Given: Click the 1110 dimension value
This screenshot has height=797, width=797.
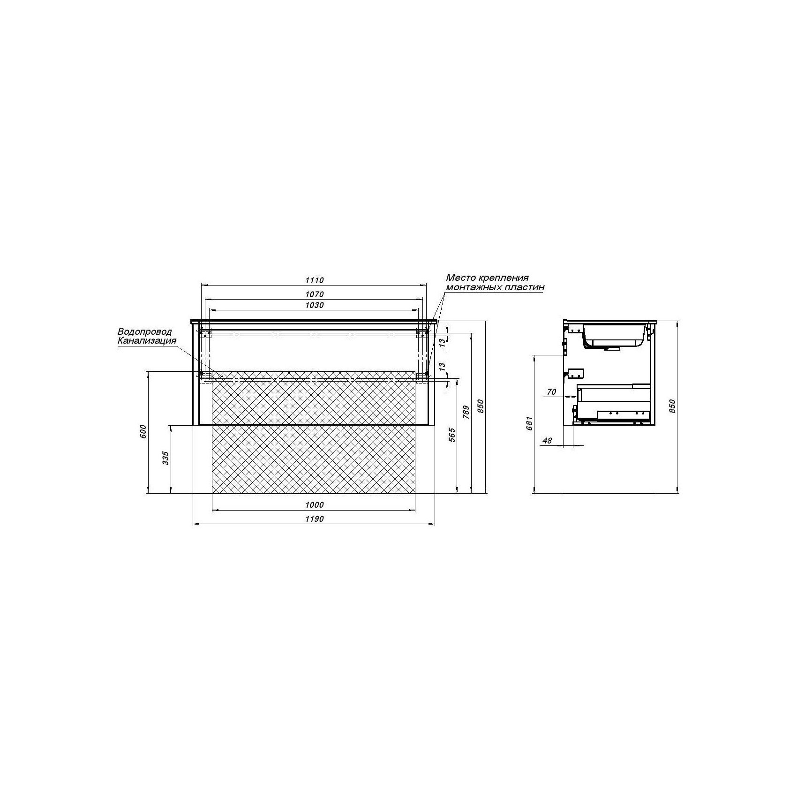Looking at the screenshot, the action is (314, 280).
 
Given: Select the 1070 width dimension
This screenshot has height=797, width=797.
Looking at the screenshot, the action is (314, 294).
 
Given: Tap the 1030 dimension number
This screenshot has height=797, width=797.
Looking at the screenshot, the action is (314, 305).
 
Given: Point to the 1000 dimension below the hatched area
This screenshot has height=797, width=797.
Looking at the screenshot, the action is (314, 505).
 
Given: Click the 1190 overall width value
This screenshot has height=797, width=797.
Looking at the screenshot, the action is (314, 519).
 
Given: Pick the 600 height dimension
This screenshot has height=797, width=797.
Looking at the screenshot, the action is (143, 431).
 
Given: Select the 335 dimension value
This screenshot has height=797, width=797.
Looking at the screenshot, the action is (165, 458).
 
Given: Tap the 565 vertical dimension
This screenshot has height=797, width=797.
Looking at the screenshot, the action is (452, 435).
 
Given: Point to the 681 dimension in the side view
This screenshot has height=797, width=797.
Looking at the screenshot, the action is (529, 424).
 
